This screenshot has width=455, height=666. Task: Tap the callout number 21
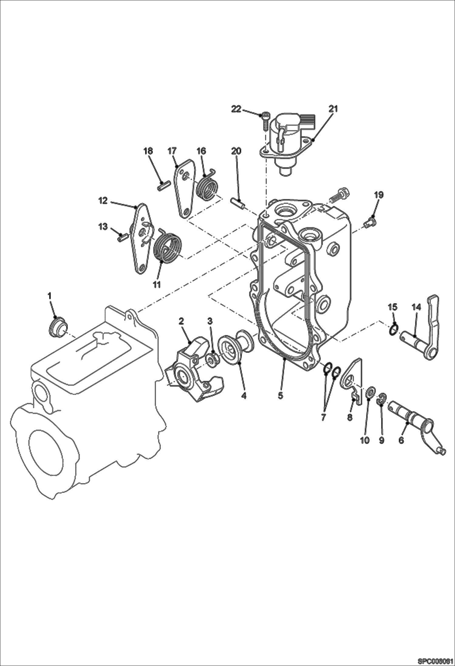(x=333, y=109)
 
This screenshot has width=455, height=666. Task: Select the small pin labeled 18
(x=163, y=185)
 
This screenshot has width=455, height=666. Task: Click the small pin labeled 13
(x=122, y=236)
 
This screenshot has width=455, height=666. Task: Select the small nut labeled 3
(x=212, y=360)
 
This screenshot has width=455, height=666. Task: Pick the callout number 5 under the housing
(x=280, y=396)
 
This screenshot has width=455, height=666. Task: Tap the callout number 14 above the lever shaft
(x=416, y=307)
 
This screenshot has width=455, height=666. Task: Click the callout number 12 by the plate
(x=103, y=201)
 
